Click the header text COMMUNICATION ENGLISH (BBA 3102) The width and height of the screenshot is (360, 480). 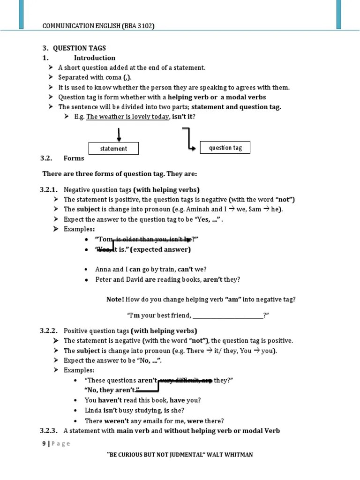[x=98, y=26]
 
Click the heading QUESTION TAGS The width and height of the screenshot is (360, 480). [x=79, y=48]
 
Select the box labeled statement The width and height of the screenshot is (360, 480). [x=113, y=149]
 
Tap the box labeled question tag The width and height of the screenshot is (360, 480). [x=225, y=148]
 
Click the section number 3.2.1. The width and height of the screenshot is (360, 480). [x=49, y=189]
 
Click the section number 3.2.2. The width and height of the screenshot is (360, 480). [x=49, y=330]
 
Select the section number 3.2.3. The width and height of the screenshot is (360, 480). [x=49, y=430]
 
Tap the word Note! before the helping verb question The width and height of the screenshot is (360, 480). [x=115, y=299]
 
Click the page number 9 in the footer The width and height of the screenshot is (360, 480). [x=44, y=444]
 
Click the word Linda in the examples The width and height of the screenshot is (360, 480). [x=93, y=410]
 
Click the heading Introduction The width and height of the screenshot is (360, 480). [x=94, y=58]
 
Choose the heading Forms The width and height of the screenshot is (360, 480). [x=74, y=158]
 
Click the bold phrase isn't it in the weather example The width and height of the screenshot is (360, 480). [x=182, y=117]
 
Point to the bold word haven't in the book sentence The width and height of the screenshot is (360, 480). [x=111, y=400]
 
